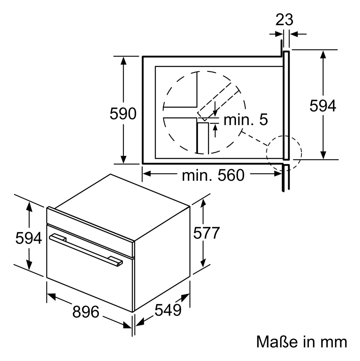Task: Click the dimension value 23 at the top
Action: click(284, 20)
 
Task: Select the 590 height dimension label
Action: click(123, 114)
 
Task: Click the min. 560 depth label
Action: click(213, 175)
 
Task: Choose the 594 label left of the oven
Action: click(29, 238)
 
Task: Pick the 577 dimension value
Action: click(207, 233)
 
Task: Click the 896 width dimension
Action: click(86, 312)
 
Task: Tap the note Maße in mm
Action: click(302, 342)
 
